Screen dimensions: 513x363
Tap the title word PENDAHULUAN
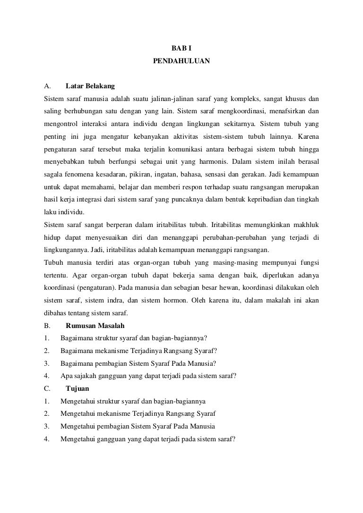(x=181, y=61)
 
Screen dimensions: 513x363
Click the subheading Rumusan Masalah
(x=95, y=325)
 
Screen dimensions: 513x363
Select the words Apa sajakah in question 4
(x=77, y=376)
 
